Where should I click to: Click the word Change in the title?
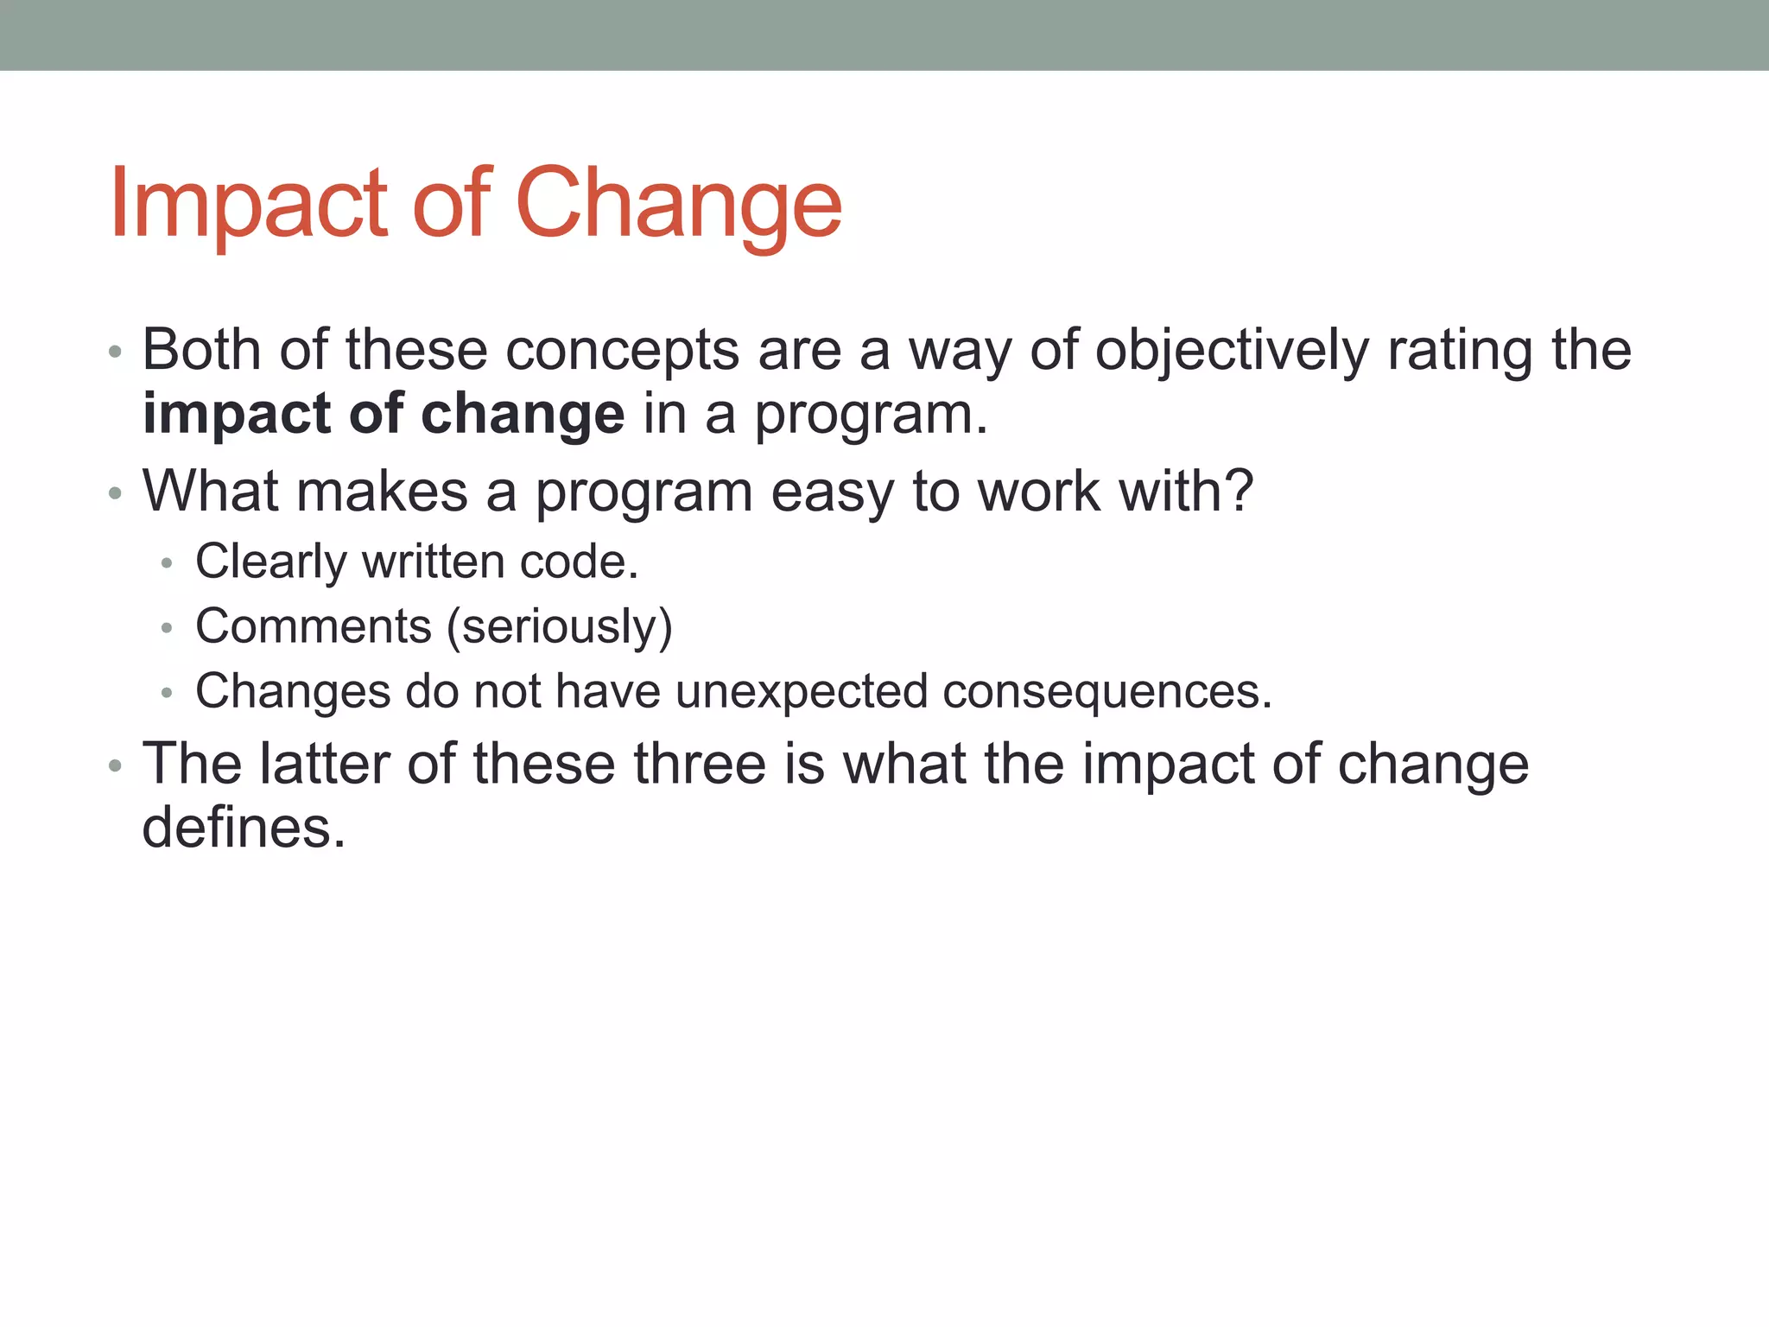(x=678, y=203)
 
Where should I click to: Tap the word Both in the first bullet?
(x=201, y=350)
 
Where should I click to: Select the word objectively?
(x=1233, y=350)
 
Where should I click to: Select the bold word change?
(x=523, y=415)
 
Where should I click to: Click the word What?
(x=211, y=491)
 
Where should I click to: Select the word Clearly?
(x=270, y=562)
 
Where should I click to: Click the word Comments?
(x=313, y=625)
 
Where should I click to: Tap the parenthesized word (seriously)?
(x=559, y=625)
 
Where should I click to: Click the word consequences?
(x=1107, y=691)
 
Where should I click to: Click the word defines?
(x=244, y=828)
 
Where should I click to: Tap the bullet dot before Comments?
(x=167, y=628)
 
